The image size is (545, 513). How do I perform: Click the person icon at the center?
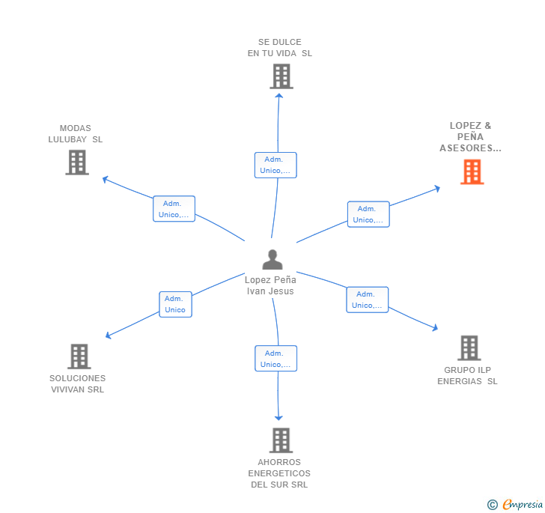[272, 259]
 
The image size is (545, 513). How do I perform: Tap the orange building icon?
[472, 172]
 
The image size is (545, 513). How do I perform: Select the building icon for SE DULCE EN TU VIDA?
[281, 76]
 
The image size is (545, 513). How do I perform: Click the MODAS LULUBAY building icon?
[77, 162]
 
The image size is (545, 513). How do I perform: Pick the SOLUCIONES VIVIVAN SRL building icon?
[79, 356]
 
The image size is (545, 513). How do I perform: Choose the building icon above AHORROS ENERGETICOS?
[280, 440]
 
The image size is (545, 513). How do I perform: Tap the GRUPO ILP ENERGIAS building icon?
[469, 347]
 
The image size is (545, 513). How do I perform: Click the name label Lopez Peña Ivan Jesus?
[271, 285]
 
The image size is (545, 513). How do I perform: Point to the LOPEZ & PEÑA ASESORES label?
[470, 137]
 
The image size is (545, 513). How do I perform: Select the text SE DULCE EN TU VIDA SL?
[280, 48]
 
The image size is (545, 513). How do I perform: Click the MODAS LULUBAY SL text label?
[76, 134]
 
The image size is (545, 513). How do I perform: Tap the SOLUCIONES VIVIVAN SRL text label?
[78, 383]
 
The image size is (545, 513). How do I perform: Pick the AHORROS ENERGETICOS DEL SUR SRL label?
[279, 473]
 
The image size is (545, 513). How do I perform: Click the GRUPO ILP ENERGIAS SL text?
[467, 375]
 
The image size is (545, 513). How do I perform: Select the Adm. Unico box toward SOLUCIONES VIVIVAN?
[175, 304]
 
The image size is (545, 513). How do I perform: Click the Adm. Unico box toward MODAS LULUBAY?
[174, 209]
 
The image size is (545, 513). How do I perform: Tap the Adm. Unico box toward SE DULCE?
[275, 165]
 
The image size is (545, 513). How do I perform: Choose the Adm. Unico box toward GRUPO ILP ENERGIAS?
[367, 300]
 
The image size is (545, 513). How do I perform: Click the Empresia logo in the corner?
[515, 504]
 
